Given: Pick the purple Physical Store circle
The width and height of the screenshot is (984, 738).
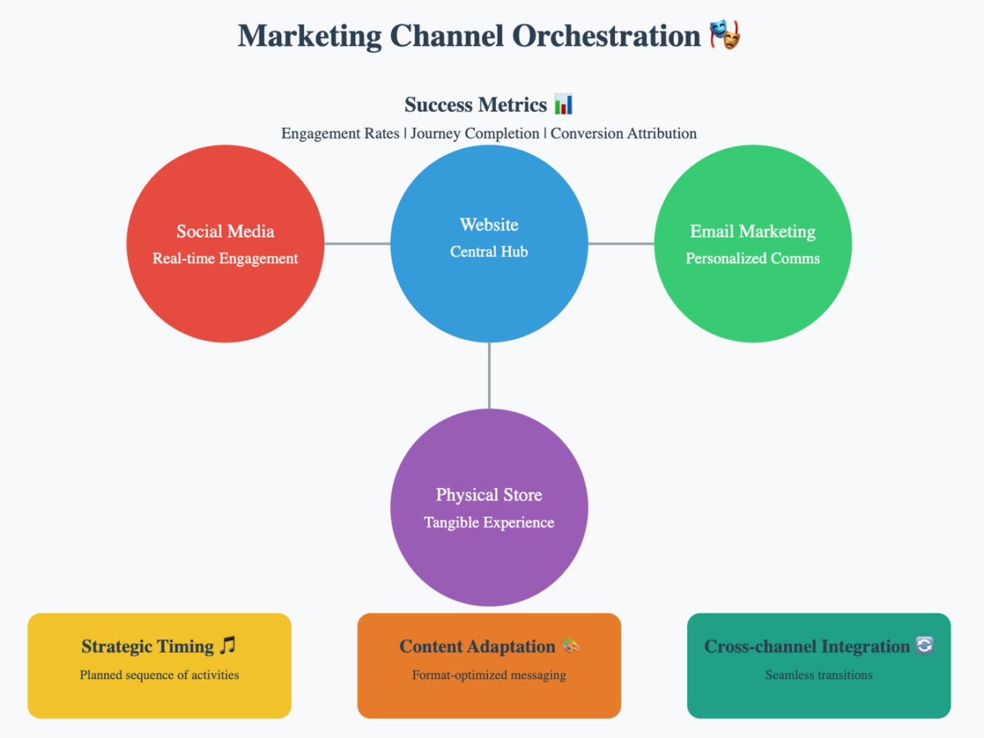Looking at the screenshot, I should pyautogui.click(x=489, y=558).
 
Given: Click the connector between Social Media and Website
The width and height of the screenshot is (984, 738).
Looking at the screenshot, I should pyautogui.click(x=357, y=244).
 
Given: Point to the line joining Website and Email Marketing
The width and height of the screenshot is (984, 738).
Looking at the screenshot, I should pyautogui.click(x=621, y=244).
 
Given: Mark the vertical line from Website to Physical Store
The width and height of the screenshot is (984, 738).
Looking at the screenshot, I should pyautogui.click(x=489, y=375).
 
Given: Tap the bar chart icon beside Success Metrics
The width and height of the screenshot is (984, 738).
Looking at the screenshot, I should pyautogui.click(x=563, y=105).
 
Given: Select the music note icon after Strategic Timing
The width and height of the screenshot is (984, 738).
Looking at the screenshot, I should pyautogui.click(x=227, y=646).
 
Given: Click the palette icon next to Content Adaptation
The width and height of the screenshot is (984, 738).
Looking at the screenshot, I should pyautogui.click(x=570, y=646).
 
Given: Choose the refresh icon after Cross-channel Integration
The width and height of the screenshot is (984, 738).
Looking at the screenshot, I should pyautogui.click(x=924, y=646).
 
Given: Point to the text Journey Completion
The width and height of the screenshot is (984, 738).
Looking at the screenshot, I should pyautogui.click(x=475, y=134).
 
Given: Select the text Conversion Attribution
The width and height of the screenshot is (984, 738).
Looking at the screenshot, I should pyautogui.click(x=623, y=134).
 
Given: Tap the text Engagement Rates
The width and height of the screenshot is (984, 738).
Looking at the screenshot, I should pyautogui.click(x=340, y=134).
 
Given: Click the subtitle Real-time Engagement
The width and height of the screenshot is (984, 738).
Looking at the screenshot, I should pyautogui.click(x=225, y=259).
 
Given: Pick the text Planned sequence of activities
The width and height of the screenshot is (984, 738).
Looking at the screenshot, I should pyautogui.click(x=159, y=676).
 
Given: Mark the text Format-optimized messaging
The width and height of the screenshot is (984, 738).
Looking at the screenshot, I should pyautogui.click(x=489, y=676).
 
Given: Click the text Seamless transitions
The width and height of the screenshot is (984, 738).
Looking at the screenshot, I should pyautogui.click(x=818, y=676).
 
